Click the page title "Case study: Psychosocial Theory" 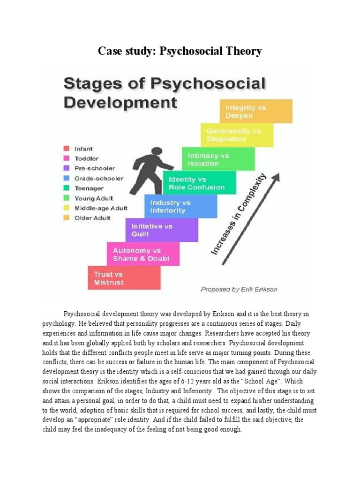tap(180, 51)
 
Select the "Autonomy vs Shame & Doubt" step tap(142, 255)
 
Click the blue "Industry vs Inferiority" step tap(180, 206)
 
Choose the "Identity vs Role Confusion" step tap(199, 183)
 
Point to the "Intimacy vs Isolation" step tap(218, 159)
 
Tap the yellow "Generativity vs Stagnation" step tap(237, 135)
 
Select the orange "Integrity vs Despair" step tap(255, 111)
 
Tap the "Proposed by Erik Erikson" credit tap(239, 289)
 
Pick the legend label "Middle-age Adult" tap(100, 208)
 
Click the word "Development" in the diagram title tap(120, 102)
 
